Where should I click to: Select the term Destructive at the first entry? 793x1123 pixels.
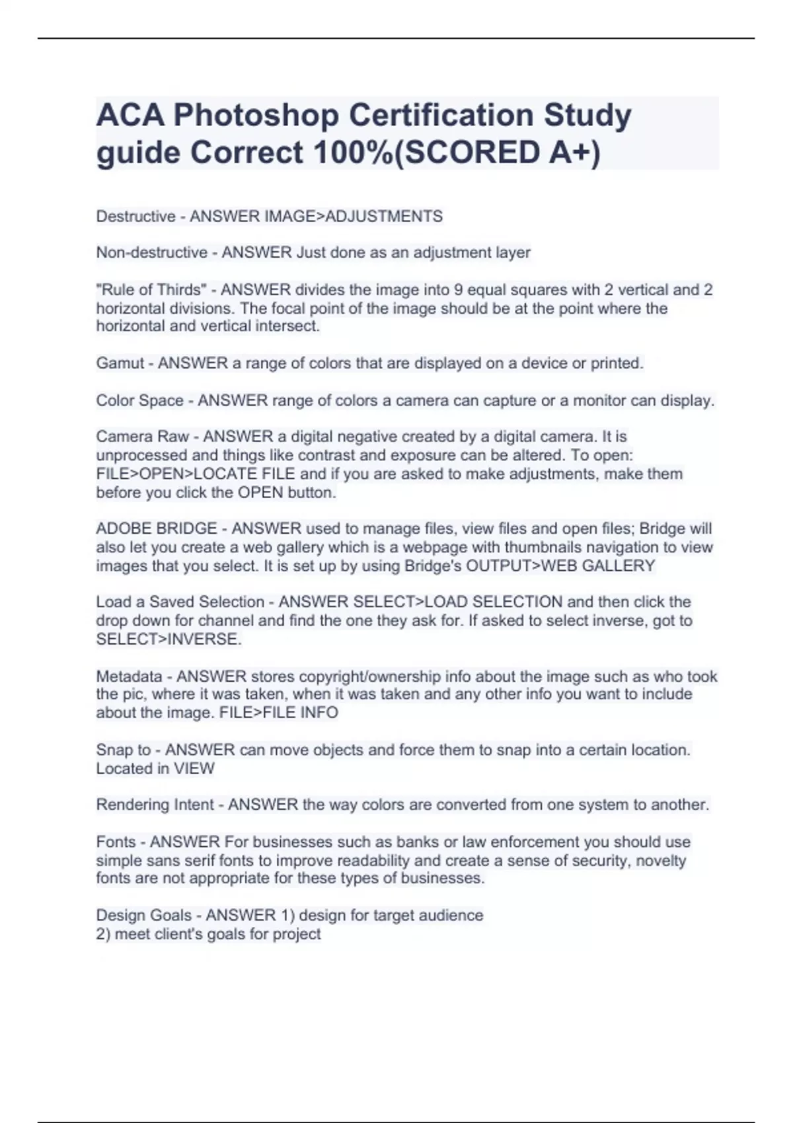click(x=135, y=217)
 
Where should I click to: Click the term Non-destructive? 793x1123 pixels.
click(x=151, y=253)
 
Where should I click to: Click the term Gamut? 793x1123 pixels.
click(x=120, y=363)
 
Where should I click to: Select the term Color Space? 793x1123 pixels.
click(x=139, y=401)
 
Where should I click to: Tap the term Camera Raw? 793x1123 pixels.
click(x=142, y=437)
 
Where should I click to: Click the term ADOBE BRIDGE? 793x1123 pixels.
click(x=156, y=529)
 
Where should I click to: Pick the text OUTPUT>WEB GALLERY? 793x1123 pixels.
click(x=560, y=566)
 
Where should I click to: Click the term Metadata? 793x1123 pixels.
click(x=129, y=676)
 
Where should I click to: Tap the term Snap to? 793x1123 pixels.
click(x=123, y=750)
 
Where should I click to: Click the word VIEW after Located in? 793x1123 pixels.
click(x=194, y=769)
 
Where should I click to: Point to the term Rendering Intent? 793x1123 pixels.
click(x=155, y=805)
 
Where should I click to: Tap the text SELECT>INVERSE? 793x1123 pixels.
click(x=168, y=639)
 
